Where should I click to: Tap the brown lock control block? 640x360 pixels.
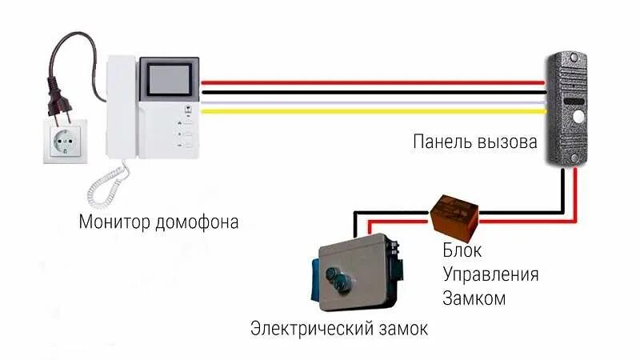tap(454, 211)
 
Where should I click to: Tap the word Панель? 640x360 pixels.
tap(442, 142)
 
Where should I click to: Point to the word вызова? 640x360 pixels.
tap(507, 142)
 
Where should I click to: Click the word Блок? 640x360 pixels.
tap(462, 251)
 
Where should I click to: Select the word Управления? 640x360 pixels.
tap(490, 275)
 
